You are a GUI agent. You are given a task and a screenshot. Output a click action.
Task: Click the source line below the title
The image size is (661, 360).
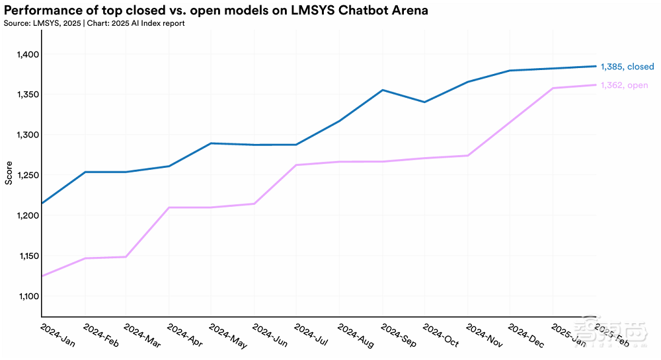(x=95, y=24)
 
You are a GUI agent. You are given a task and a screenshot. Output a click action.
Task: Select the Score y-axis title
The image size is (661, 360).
(x=9, y=172)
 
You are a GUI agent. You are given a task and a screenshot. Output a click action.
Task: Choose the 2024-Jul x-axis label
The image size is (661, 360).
(x=311, y=337)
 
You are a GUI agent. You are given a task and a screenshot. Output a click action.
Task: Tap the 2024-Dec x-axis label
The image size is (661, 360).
(x=525, y=337)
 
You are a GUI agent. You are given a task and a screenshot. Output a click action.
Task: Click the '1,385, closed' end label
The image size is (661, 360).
(x=627, y=67)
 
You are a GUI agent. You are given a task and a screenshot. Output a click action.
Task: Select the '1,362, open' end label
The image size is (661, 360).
(x=624, y=85)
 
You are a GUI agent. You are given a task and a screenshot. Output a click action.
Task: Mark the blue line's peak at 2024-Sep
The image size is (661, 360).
(x=382, y=90)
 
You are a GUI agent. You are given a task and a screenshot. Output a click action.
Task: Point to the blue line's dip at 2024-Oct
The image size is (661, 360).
(x=424, y=102)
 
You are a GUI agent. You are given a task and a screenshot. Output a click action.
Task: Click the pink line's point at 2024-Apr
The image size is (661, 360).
(x=169, y=207)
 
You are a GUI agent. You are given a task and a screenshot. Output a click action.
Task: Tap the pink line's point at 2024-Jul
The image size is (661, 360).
(x=296, y=165)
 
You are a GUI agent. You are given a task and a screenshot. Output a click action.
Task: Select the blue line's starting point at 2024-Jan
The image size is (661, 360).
(x=42, y=203)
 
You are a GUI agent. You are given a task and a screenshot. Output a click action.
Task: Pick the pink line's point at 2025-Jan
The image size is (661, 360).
(x=553, y=88)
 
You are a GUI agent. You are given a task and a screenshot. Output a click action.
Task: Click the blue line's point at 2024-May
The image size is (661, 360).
(x=211, y=143)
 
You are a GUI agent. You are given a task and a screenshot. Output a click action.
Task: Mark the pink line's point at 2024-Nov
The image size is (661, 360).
(x=467, y=156)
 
